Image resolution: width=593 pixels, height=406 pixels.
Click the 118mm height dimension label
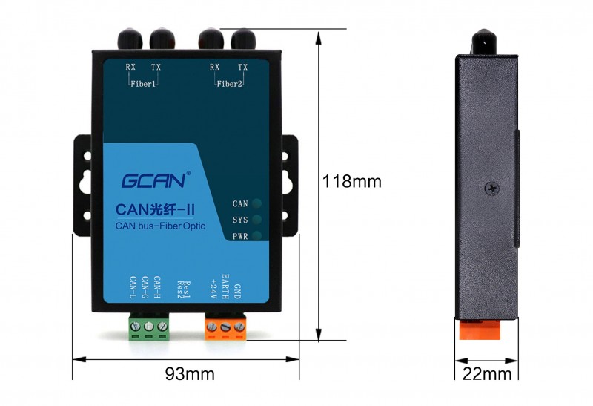coord(351,181)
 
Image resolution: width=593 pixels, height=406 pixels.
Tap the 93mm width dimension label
coord(190,374)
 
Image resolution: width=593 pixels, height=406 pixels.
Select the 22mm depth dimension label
coord(487,374)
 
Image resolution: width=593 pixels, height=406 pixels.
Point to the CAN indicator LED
coord(256,203)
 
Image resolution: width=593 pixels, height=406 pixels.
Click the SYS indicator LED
coord(256,220)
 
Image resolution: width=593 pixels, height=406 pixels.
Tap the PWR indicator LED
coord(256,236)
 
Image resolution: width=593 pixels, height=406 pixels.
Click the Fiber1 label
coord(143,84)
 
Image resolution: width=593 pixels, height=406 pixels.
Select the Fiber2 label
coord(229,84)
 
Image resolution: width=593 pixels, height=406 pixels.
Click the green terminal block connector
coord(149,327)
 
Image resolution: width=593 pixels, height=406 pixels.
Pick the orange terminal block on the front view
coord(225,327)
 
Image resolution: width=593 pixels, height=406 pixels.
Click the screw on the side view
coord(491,189)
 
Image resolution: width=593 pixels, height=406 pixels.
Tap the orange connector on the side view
coord(480,330)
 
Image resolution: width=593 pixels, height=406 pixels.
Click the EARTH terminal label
coord(225,287)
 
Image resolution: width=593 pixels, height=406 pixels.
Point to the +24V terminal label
coord(213,289)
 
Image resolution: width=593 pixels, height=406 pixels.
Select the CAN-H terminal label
coord(157,287)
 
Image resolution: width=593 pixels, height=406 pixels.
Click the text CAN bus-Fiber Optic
coord(160,226)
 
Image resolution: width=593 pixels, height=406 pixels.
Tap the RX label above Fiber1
coord(130,67)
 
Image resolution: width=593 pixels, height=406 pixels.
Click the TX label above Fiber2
coord(242,67)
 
